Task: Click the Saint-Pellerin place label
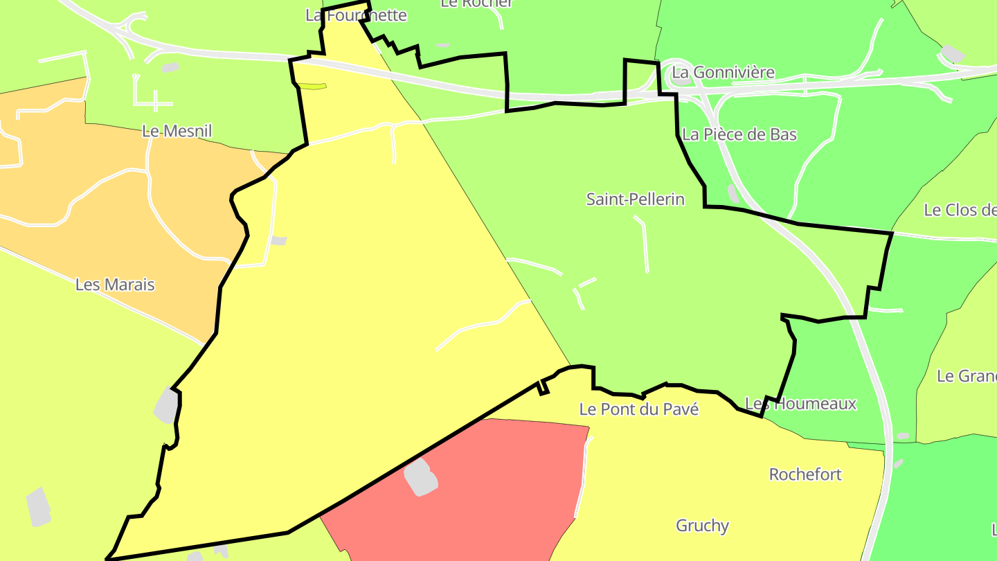pyautogui.click(x=635, y=199)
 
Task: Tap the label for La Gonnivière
pyautogui.click(x=723, y=72)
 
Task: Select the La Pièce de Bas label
pyautogui.click(x=739, y=134)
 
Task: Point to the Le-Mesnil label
pyautogui.click(x=177, y=131)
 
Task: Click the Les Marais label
pyautogui.click(x=115, y=285)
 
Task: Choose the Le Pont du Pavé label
pyautogui.click(x=638, y=409)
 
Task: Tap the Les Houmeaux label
pyautogui.click(x=800, y=404)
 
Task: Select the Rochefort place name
pyautogui.click(x=805, y=474)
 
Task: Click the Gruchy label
pyautogui.click(x=702, y=526)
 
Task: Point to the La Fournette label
pyautogui.click(x=356, y=15)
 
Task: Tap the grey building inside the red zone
pyautogui.click(x=420, y=477)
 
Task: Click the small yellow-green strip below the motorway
pyautogui.click(x=312, y=87)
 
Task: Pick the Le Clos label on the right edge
pyautogui.click(x=961, y=210)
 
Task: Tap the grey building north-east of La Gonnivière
pyautogui.click(x=953, y=53)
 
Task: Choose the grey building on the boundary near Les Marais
pyautogui.click(x=167, y=406)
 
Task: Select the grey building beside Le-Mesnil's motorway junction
pyautogui.click(x=170, y=68)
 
